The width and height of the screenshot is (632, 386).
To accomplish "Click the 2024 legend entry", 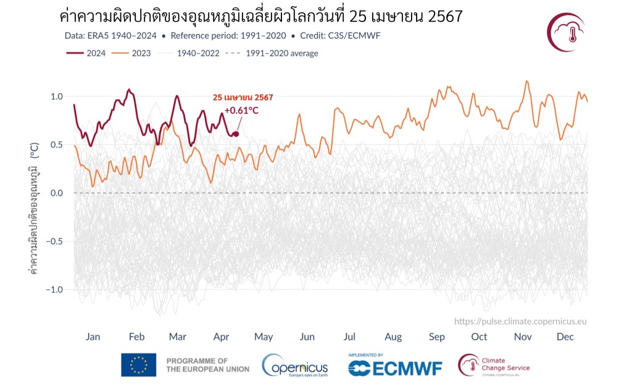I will pyautogui.click(x=86, y=53).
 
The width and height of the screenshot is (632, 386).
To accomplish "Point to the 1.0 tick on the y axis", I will pyautogui.click(x=56, y=97).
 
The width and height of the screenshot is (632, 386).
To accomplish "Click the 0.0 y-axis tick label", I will pyautogui.click(x=56, y=193).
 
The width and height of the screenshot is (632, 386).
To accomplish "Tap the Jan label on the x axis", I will pyautogui.click(x=93, y=337).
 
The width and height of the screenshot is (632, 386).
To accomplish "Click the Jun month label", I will pyautogui.click(x=307, y=337).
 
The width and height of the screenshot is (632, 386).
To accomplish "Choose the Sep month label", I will pyautogui.click(x=436, y=337).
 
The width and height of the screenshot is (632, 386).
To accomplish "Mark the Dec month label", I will pyautogui.click(x=565, y=337).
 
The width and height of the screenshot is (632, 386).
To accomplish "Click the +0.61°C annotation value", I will pyautogui.click(x=241, y=111).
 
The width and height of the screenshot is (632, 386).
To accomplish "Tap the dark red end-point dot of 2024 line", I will pyautogui.click(x=236, y=134).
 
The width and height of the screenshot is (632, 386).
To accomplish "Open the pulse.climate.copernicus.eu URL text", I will pyautogui.click(x=520, y=321).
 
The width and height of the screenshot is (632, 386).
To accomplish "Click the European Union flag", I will pyautogui.click(x=138, y=364).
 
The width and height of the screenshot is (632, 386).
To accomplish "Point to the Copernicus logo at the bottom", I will pyautogui.click(x=294, y=364).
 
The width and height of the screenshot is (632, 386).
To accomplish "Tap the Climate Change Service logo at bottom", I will pyautogui.click(x=494, y=364).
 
